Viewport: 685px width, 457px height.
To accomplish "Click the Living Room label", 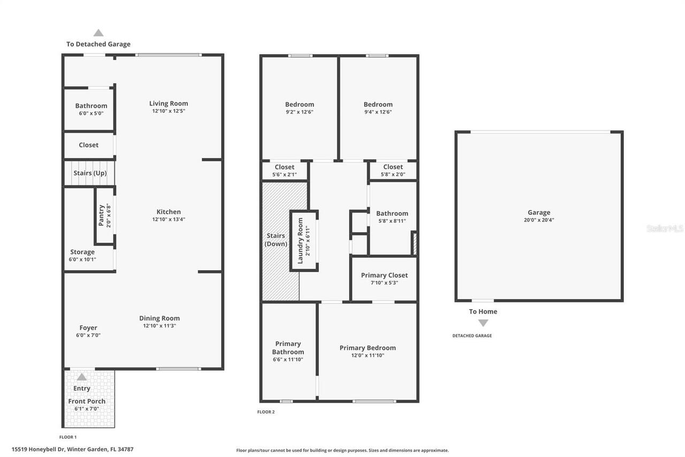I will [x=169, y=103].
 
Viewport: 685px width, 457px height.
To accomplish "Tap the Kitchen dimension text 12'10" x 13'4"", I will [x=169, y=219].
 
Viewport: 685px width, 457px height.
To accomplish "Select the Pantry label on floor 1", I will [x=101, y=215].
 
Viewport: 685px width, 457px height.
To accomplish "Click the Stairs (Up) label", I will [x=90, y=173].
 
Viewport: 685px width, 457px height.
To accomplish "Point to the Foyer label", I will [x=88, y=328].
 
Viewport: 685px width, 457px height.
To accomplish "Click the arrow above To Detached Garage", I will [x=98, y=33].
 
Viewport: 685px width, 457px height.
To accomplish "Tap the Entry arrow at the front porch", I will [x=81, y=377].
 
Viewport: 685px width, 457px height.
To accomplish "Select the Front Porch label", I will [x=87, y=401].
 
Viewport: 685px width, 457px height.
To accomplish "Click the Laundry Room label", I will [x=300, y=240].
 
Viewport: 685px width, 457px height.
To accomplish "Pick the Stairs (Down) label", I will [x=277, y=239].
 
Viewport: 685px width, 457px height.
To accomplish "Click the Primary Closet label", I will [x=384, y=275].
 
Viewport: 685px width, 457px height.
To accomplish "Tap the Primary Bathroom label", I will [x=288, y=348].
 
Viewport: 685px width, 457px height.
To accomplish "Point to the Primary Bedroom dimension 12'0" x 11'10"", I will [x=368, y=355].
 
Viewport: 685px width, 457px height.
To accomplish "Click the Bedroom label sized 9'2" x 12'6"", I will [x=300, y=104].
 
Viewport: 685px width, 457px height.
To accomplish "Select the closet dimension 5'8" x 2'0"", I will [x=393, y=174].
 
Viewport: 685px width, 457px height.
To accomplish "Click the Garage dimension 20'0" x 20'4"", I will [x=538, y=220].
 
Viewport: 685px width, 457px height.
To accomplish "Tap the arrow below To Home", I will [x=483, y=323].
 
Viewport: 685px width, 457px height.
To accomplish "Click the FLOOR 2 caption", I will [x=266, y=412].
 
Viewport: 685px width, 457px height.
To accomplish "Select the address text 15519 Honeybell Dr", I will [x=38, y=449].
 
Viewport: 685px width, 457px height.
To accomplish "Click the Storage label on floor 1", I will [x=82, y=252].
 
